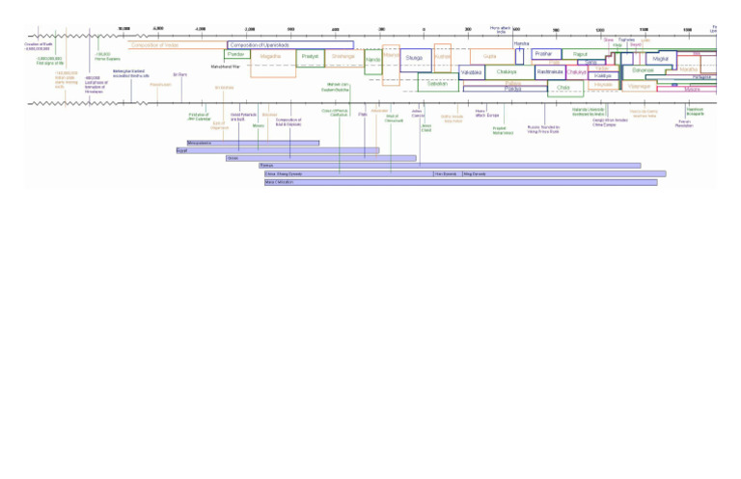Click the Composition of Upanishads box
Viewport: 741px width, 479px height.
[289, 45]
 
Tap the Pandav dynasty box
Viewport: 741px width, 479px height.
[236, 55]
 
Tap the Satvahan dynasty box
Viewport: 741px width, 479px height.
[437, 85]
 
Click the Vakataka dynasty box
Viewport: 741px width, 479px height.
[471, 72]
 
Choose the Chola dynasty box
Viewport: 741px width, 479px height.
[563, 88]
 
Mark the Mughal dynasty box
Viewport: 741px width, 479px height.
[660, 59]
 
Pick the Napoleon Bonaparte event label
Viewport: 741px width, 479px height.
[695, 111]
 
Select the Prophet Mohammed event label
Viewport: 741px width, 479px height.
[503, 130]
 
